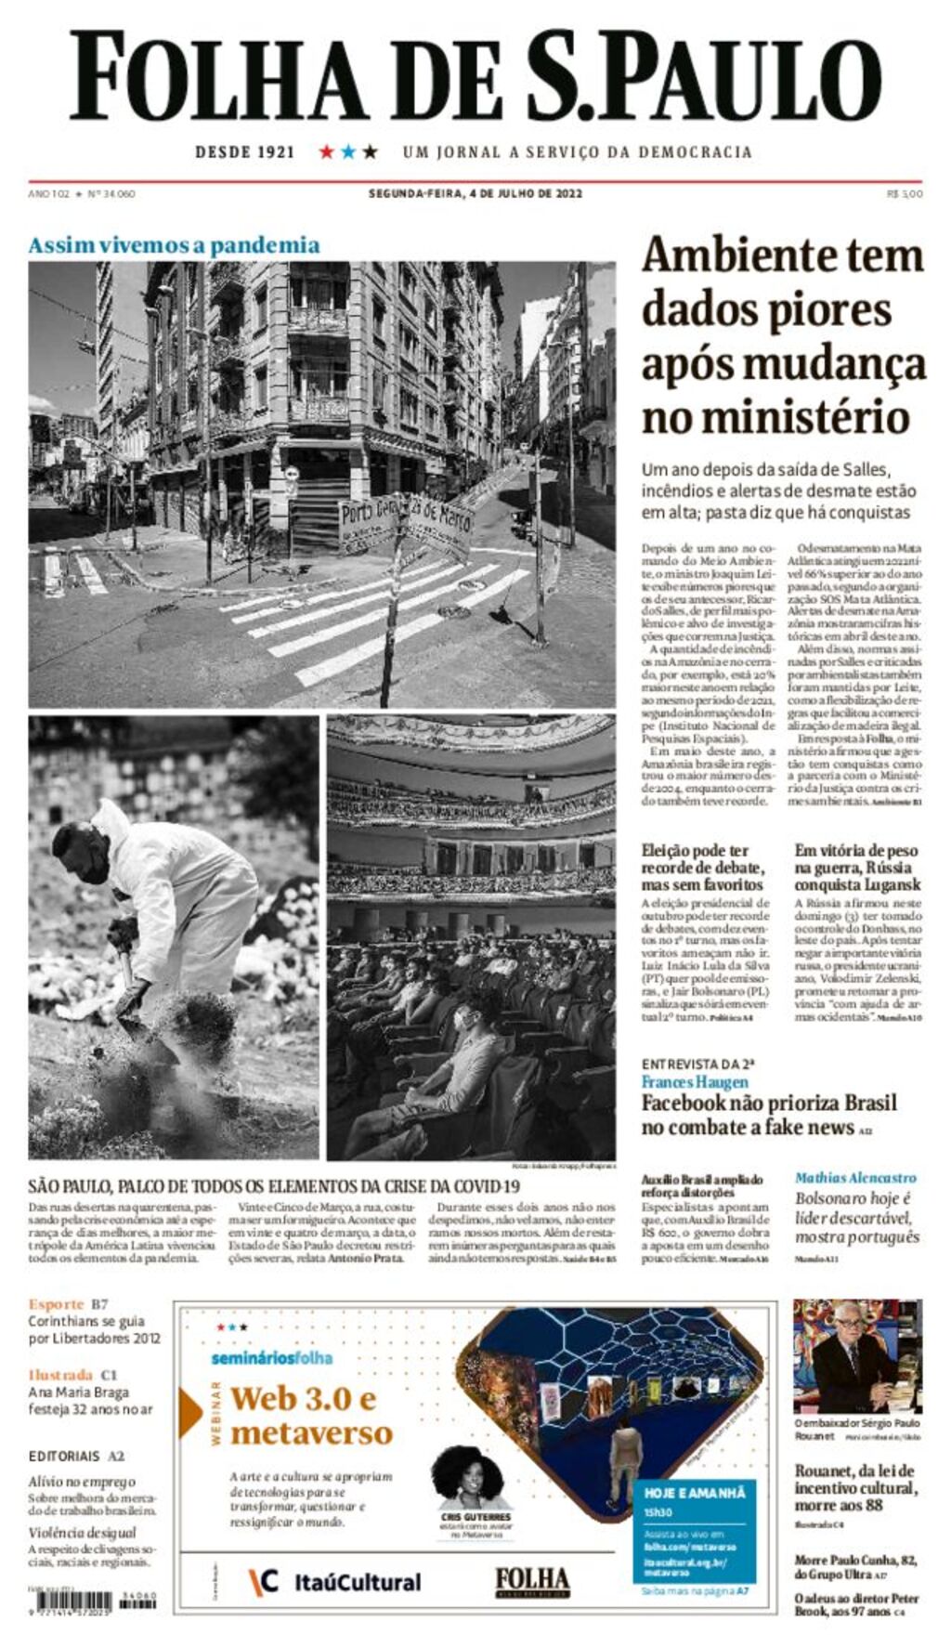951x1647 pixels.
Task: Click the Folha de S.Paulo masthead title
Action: pos(475,76)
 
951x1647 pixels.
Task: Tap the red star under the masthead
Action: pos(326,151)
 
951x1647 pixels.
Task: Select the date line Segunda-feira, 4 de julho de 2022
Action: pos(475,193)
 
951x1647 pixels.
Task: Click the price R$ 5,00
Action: pos(905,193)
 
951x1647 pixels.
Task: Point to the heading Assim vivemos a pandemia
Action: pos(174,245)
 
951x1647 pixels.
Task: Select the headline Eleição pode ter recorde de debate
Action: pos(703,867)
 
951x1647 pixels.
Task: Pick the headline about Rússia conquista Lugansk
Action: pos(857,867)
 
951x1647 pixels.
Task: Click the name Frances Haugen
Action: pos(695,1081)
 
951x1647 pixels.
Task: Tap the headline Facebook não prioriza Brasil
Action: pos(768,1115)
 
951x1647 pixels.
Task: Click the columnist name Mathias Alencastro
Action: pos(855,1178)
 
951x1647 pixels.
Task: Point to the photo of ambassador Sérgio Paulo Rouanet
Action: pos(857,1355)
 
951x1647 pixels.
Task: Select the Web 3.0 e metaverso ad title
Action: pos(312,1415)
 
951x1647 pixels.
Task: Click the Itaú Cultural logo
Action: pos(335,1582)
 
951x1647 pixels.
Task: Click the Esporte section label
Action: pos(56,1304)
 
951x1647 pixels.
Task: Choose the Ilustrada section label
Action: pos(60,1375)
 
